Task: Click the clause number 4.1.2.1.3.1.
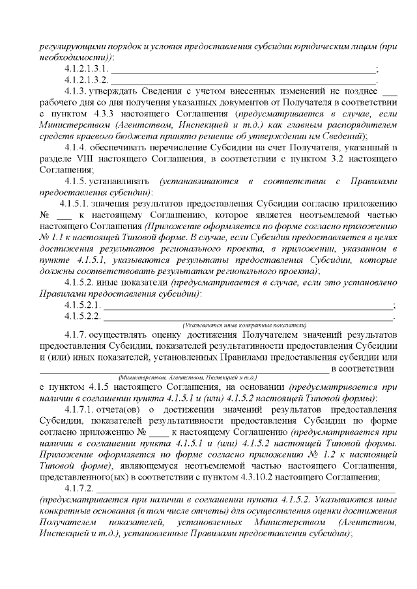[x=87, y=69]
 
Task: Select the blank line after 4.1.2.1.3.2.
[x=244, y=81]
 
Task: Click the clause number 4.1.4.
[x=77, y=147]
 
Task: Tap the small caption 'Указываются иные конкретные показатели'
[x=245, y=325]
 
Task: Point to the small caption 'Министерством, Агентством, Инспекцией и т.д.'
[x=188, y=377]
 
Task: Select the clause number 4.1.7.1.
[x=79, y=409]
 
